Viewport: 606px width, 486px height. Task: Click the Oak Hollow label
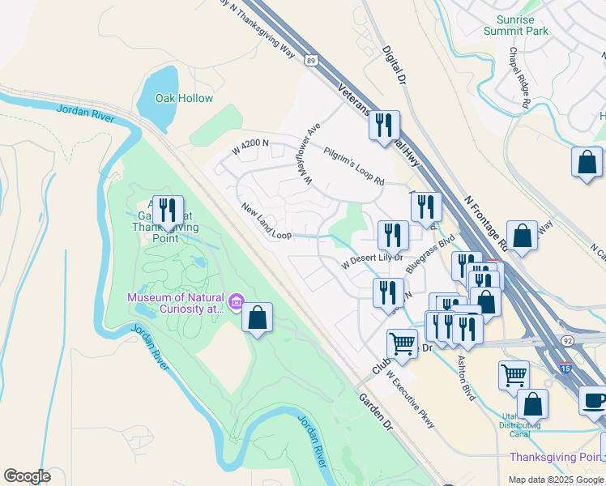[186, 98]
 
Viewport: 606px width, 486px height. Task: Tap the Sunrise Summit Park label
[515, 24]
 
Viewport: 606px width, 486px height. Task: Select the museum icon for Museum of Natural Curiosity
[236, 303]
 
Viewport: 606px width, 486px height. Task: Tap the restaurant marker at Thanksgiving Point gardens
[168, 210]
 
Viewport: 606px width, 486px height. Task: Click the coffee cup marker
[595, 400]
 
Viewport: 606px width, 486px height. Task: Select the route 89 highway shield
[311, 59]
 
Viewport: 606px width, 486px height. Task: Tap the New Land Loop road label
[267, 220]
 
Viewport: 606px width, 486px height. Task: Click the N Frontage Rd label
[486, 220]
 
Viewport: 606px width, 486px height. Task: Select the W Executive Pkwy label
[410, 399]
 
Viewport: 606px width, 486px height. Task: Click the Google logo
[27, 475]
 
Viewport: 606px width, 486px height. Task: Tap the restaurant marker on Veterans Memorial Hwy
[384, 125]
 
